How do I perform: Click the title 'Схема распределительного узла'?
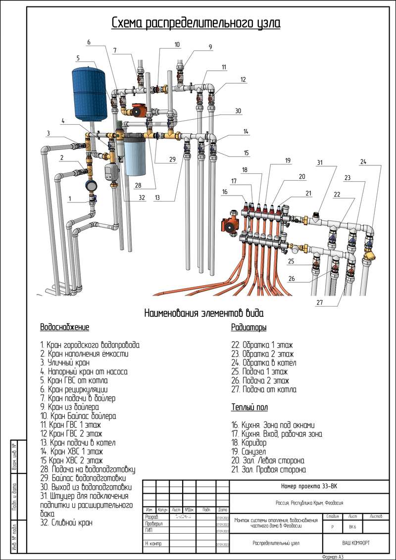[196, 23]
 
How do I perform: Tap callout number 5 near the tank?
[78, 58]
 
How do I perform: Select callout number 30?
[238, 111]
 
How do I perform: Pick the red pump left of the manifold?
[230, 225]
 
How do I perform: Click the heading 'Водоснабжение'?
[64, 327]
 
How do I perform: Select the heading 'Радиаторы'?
[249, 327]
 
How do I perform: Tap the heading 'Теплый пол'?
[249, 407]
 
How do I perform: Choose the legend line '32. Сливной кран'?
[67, 522]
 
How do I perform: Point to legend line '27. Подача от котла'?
[264, 389]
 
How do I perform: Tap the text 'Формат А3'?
[333, 557]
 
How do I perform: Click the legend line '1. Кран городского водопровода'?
[90, 344]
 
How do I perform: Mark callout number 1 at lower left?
[70, 199]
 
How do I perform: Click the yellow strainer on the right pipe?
[368, 255]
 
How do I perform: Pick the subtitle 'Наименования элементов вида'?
[204, 313]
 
